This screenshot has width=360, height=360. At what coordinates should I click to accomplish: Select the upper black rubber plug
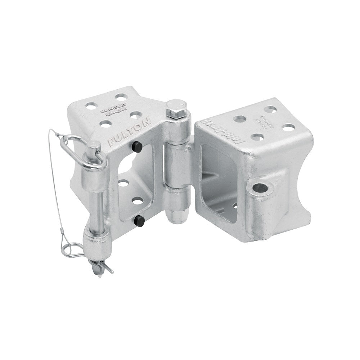click(136, 147)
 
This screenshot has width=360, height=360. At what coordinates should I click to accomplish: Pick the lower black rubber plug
click(139, 221)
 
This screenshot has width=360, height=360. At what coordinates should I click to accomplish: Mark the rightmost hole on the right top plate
click(288, 127)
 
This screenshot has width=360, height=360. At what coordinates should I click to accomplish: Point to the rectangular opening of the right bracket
click(216, 180)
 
